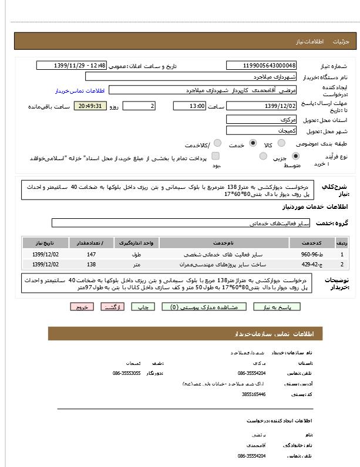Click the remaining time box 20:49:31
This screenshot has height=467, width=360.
(x=91, y=106)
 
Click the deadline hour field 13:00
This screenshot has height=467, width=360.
(x=189, y=106)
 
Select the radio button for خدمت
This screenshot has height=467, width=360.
(x=253, y=143)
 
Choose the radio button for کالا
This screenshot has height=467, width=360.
(x=281, y=143)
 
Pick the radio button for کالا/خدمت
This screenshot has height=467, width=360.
(x=217, y=143)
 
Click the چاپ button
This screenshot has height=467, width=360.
(x=143, y=307)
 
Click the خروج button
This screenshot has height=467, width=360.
(x=82, y=307)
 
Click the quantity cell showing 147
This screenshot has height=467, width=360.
(x=91, y=255)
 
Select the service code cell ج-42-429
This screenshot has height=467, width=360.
(x=309, y=265)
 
